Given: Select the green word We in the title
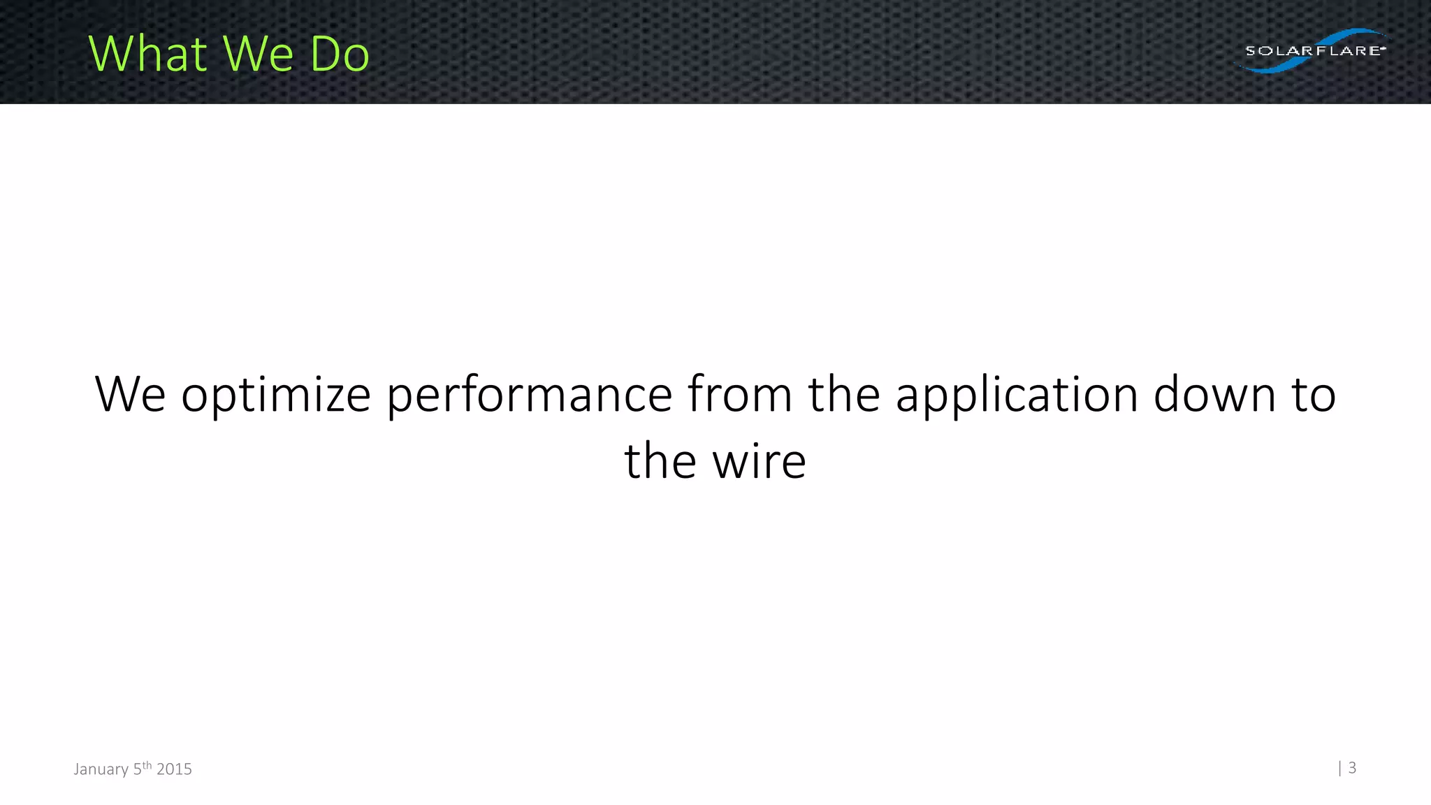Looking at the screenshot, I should coord(257,54).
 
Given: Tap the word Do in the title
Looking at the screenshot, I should coord(340,54).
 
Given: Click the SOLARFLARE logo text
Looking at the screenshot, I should coord(1314,50).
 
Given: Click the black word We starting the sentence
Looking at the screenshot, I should coord(130,395).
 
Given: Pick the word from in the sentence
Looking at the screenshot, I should coord(739,395).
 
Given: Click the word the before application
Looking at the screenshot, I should coord(844,395).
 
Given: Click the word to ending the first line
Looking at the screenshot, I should coord(1314,396).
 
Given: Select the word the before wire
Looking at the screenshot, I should coord(660,461).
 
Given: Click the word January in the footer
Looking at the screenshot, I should coord(101,769).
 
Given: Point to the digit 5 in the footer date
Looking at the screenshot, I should coord(138,769).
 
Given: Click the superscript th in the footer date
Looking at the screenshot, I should coord(147,765).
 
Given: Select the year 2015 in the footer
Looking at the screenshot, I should coord(174,769).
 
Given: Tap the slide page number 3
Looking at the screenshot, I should coord(1352,768).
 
